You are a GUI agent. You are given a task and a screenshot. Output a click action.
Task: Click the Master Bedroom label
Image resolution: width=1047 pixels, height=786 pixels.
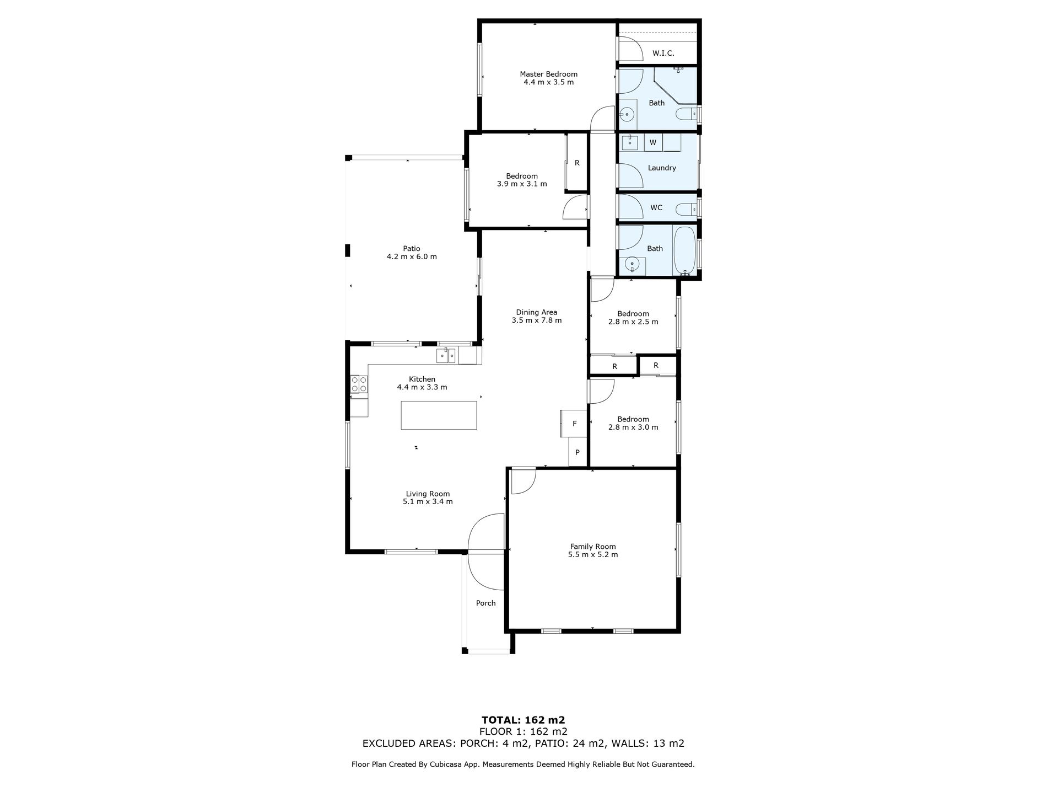coord(548,74)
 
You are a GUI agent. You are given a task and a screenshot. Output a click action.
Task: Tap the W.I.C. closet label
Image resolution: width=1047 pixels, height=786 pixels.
coord(663,54)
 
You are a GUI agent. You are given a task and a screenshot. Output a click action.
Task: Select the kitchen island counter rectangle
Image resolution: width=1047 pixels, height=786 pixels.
coord(439,415)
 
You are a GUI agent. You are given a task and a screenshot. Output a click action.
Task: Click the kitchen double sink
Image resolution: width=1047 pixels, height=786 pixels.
coord(446,356)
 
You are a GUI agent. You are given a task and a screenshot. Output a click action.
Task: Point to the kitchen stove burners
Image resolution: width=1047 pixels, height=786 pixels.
coord(359,384)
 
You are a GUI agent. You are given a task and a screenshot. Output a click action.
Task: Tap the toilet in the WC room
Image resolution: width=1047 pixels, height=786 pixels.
coord(686,208)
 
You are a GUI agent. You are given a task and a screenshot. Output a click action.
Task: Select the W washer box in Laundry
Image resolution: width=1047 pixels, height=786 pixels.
coord(653,142)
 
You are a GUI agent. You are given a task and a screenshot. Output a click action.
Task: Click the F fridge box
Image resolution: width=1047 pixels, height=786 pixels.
coord(574,424)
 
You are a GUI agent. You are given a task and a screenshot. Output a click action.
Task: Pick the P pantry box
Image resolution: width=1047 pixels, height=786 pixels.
coord(577,453)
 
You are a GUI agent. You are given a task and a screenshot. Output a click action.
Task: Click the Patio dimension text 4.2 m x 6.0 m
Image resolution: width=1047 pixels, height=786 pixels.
coord(412,256)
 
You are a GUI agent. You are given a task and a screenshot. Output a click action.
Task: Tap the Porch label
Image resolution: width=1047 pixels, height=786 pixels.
coord(485,603)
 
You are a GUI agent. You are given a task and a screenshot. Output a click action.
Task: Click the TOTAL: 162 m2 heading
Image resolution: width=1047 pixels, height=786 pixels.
coord(523,720)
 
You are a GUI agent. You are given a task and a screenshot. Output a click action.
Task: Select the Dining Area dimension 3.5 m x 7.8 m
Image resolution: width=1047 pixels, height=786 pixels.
coord(536,320)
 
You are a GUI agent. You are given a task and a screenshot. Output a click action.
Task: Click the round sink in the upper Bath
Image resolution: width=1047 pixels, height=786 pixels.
coord(627,115)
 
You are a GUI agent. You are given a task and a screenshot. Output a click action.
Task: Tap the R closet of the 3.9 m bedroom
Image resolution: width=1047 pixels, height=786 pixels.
coord(577,163)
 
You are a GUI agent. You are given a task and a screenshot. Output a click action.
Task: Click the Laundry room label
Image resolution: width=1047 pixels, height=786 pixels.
coord(661,168)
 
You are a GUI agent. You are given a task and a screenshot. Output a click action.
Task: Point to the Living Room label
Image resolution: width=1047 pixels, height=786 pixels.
coord(428,494)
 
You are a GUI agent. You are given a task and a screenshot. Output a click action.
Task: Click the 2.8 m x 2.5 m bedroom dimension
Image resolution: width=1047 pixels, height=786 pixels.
coord(633,322)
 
